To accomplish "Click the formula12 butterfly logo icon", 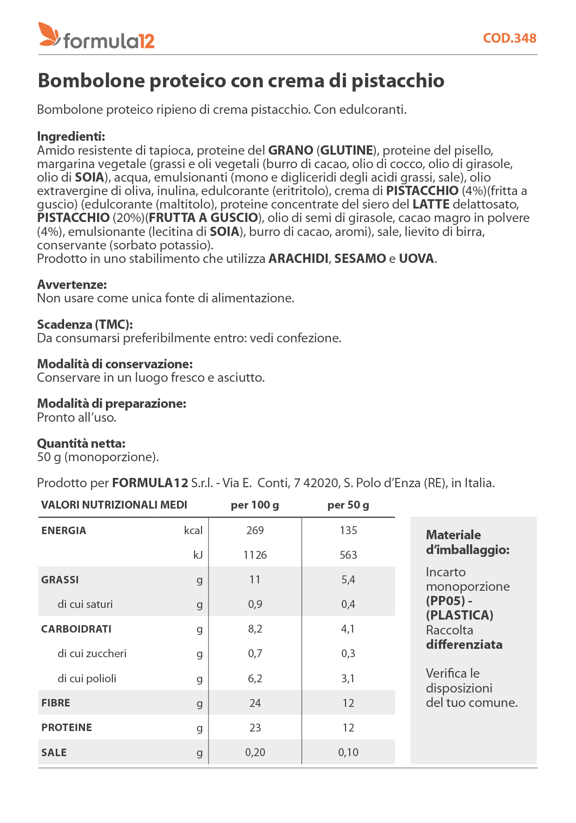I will pyautogui.click(x=49, y=34).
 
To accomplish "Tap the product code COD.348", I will pyautogui.click(x=510, y=38).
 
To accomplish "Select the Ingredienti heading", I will pyautogui.click(x=71, y=137).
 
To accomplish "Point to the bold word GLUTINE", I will pyautogui.click(x=347, y=150).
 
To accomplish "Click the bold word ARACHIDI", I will pyautogui.click(x=298, y=259).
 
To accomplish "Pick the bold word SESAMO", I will pyautogui.click(x=360, y=259).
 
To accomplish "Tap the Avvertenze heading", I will pyautogui.click(x=72, y=284).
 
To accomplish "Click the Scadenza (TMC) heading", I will pyautogui.click(x=85, y=324).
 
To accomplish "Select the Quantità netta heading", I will pyautogui.click(x=81, y=443).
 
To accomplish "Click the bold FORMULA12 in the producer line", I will pyautogui.click(x=150, y=483).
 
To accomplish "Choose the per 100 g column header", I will pyautogui.click(x=255, y=505).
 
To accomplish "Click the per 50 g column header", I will pyautogui.click(x=348, y=505).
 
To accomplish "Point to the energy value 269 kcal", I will pyautogui.click(x=255, y=530).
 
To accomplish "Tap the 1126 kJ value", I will pyautogui.click(x=255, y=555).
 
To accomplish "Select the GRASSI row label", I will pyautogui.click(x=60, y=580).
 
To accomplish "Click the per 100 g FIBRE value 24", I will pyautogui.click(x=255, y=703).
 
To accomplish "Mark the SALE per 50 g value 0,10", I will pyautogui.click(x=348, y=752).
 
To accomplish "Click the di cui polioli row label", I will pyautogui.click(x=87, y=679).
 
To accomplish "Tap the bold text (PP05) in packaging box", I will pyautogui.click(x=445, y=601).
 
